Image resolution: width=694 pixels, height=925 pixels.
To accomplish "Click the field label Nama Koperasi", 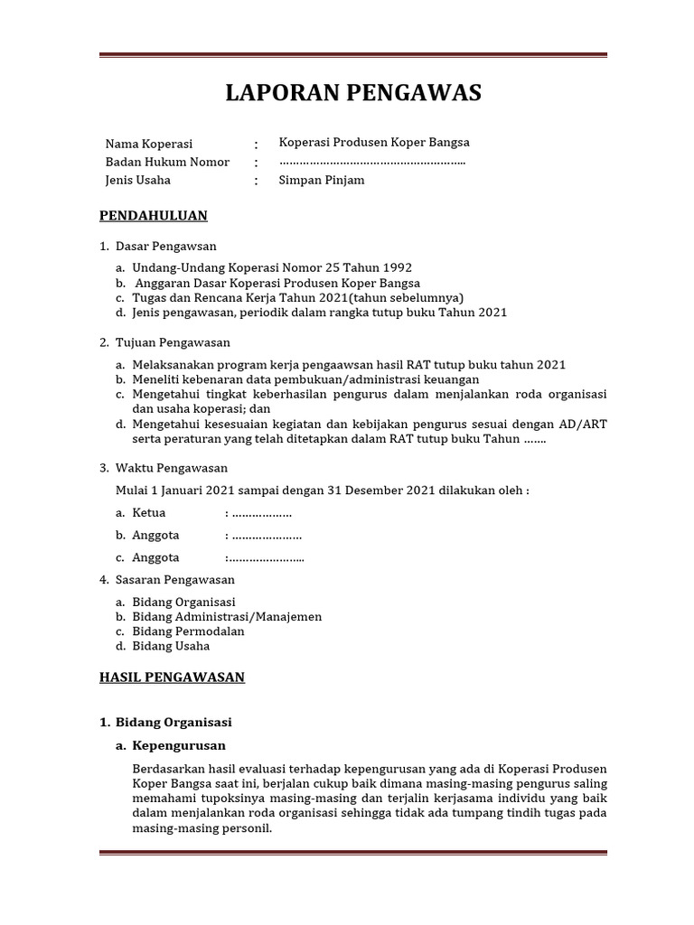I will (149, 144).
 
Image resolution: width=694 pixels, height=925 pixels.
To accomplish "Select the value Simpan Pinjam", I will (322, 180).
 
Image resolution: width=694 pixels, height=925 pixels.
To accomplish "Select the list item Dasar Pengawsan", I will (166, 246).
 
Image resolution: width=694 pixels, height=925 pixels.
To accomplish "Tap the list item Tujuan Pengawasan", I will (173, 342).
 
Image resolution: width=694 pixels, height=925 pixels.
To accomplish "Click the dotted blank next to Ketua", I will (262, 513).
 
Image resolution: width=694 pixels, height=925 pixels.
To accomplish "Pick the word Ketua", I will (149, 512).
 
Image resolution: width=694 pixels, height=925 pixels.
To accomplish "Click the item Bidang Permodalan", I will (188, 631).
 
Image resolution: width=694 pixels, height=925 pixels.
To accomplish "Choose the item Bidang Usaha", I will (171, 646).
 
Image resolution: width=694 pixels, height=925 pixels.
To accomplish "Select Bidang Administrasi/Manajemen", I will (227, 617).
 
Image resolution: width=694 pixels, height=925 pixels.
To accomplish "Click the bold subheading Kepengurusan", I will (179, 746).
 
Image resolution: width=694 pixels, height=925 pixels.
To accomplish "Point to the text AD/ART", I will (583, 424).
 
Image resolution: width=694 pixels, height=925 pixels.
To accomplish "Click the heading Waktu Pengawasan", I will (172, 468).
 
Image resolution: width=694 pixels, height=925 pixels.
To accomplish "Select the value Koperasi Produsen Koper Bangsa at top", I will (374, 143).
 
